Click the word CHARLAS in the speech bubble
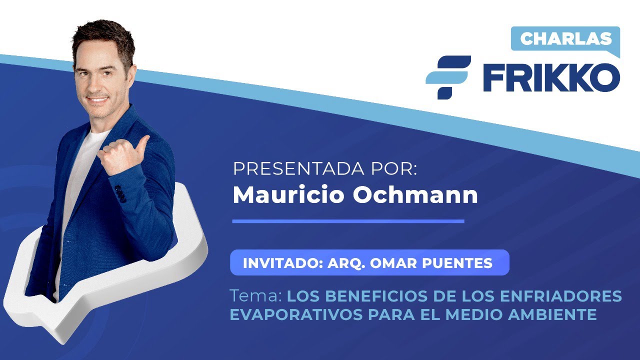pyautogui.click(x=566, y=38)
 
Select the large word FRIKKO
pyautogui.click(x=551, y=78)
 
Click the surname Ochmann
pyautogui.click(x=415, y=195)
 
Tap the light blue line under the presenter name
pyautogui.click(x=348, y=221)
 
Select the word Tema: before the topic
pyautogui.click(x=255, y=296)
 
